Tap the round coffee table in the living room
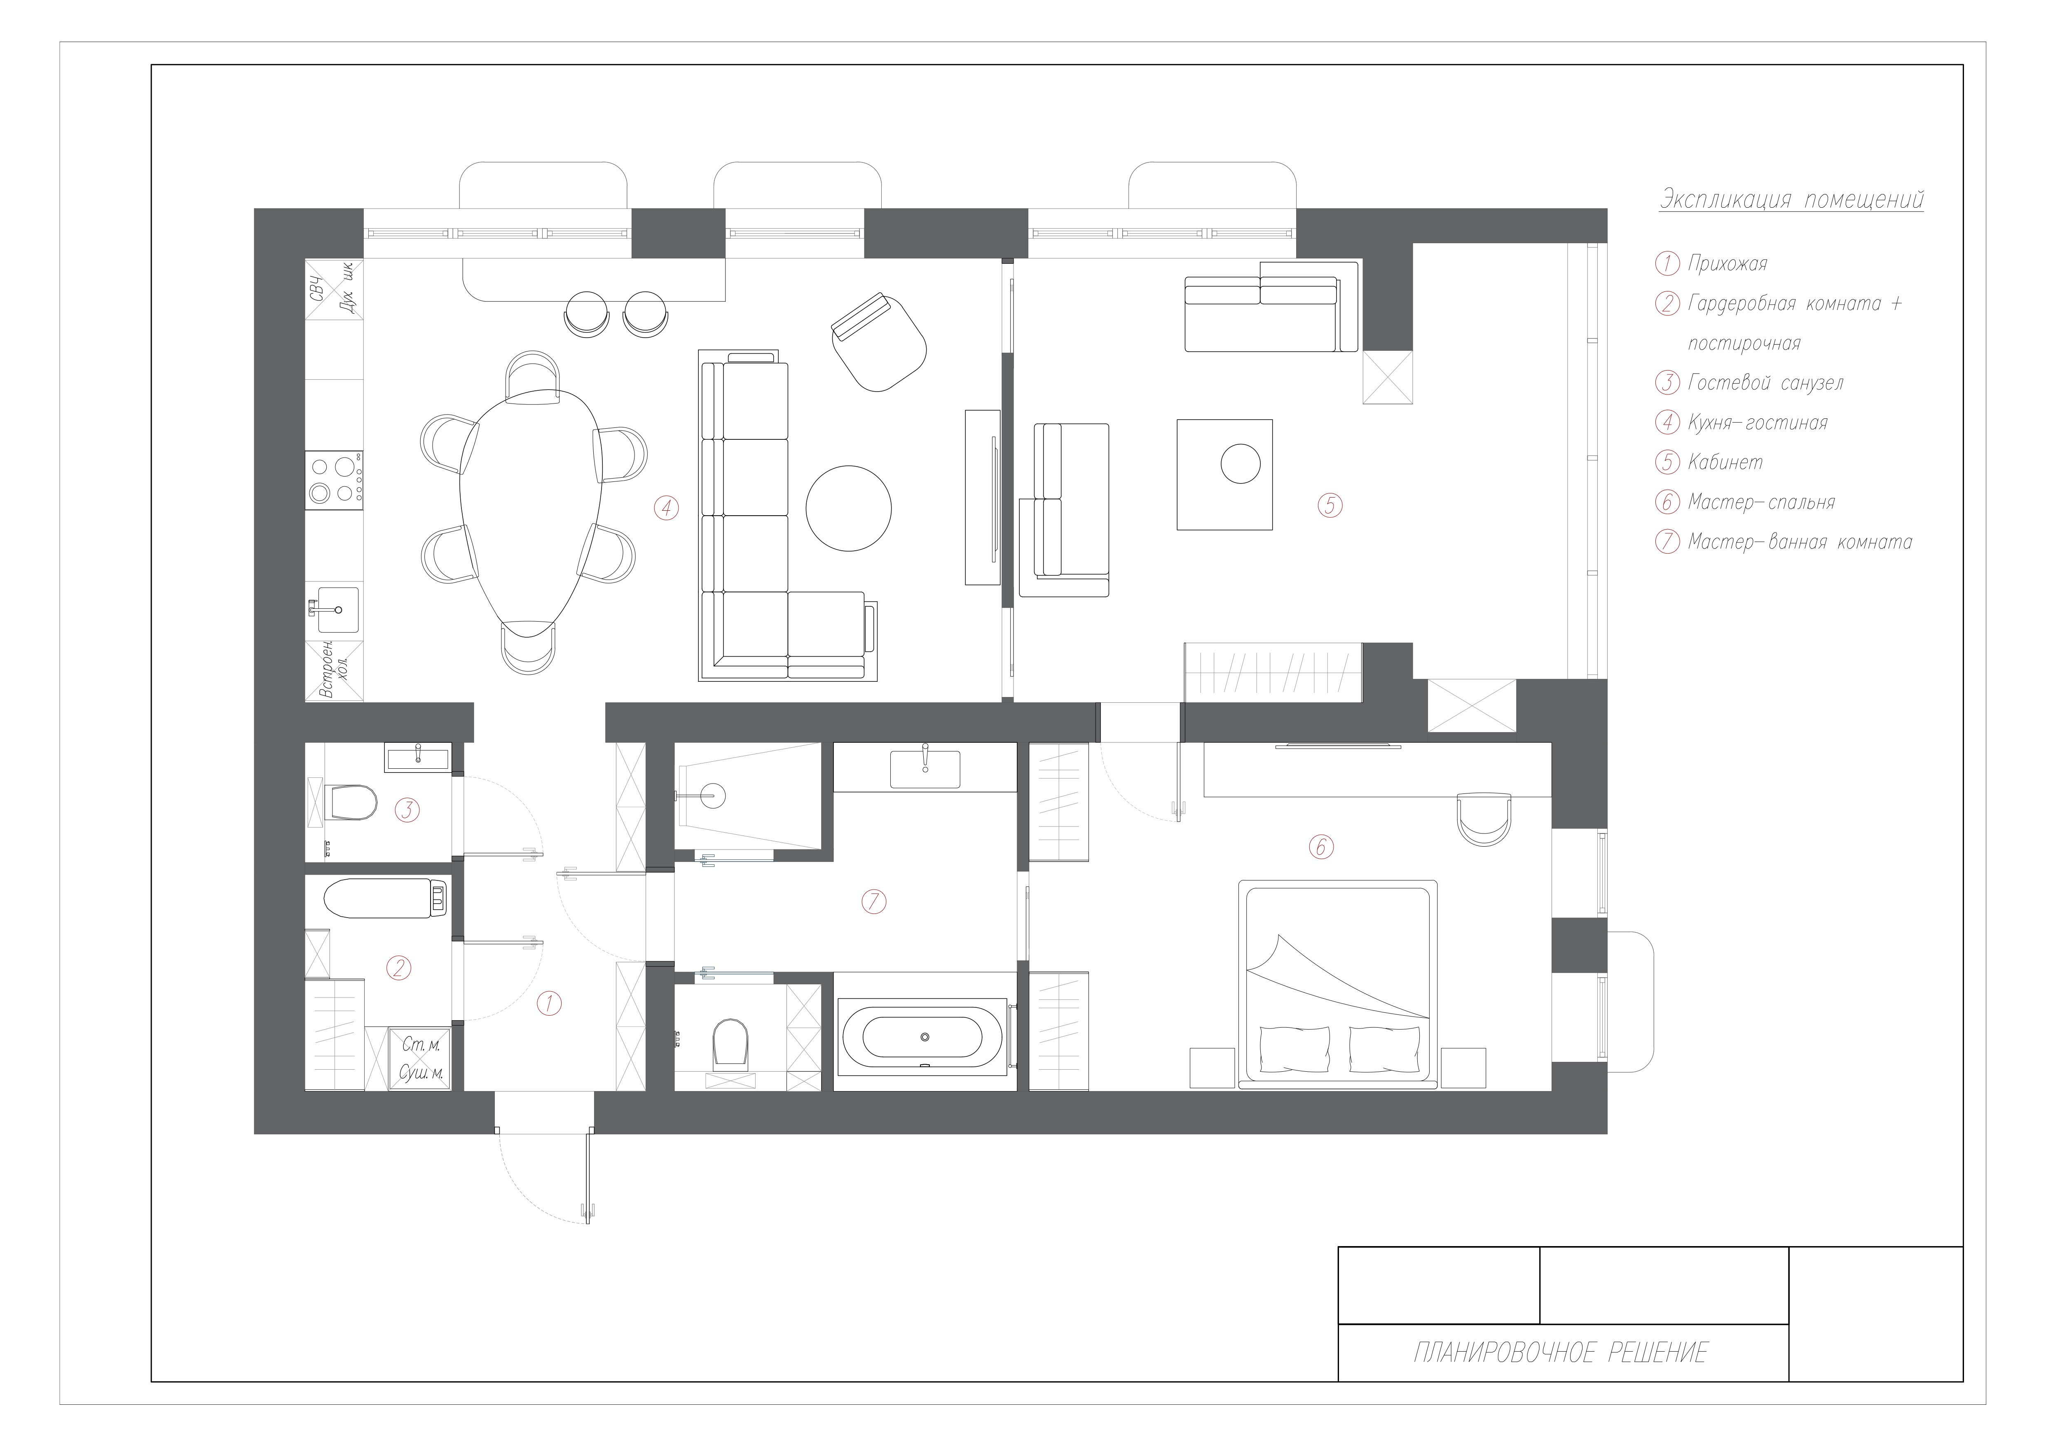(x=848, y=508)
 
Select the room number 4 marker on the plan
(x=666, y=508)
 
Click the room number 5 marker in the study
(x=1330, y=505)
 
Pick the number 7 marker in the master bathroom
(x=874, y=902)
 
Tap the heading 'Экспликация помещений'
(x=1791, y=200)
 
